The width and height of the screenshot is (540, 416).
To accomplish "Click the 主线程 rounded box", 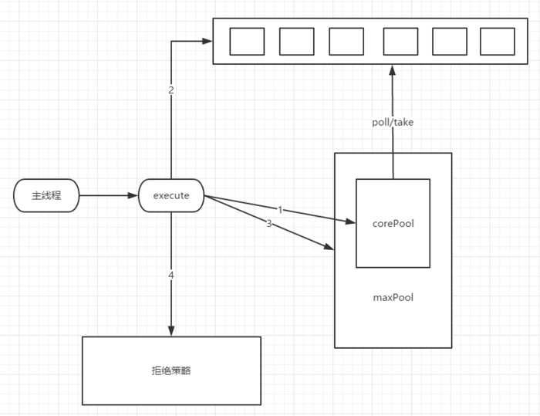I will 46,196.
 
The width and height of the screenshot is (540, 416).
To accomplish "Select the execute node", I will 171,196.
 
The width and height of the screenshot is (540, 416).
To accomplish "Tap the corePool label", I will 393,224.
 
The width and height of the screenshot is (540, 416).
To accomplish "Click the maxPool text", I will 393,296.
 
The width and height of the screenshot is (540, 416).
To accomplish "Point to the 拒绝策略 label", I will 171,370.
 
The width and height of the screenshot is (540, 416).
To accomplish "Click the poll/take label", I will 393,122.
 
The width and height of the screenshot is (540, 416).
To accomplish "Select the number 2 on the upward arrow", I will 171,90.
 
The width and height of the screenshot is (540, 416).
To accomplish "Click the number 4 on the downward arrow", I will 171,275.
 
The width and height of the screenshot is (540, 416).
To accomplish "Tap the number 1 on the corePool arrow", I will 279,209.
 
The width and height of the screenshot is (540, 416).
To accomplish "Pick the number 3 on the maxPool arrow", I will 268,223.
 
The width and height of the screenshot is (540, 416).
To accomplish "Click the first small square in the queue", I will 247,42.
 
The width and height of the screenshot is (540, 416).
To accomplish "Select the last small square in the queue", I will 497,42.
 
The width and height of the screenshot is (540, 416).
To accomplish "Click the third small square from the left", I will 346,42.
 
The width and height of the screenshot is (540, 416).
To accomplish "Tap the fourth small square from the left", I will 400,42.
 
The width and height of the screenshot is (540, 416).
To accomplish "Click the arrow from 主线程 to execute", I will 108,196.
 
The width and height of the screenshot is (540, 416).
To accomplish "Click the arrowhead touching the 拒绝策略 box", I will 171,330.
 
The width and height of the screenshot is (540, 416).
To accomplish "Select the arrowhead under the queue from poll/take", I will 393,69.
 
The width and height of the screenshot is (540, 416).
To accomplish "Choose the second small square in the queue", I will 296,42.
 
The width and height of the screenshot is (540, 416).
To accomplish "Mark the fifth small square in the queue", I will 449,42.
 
